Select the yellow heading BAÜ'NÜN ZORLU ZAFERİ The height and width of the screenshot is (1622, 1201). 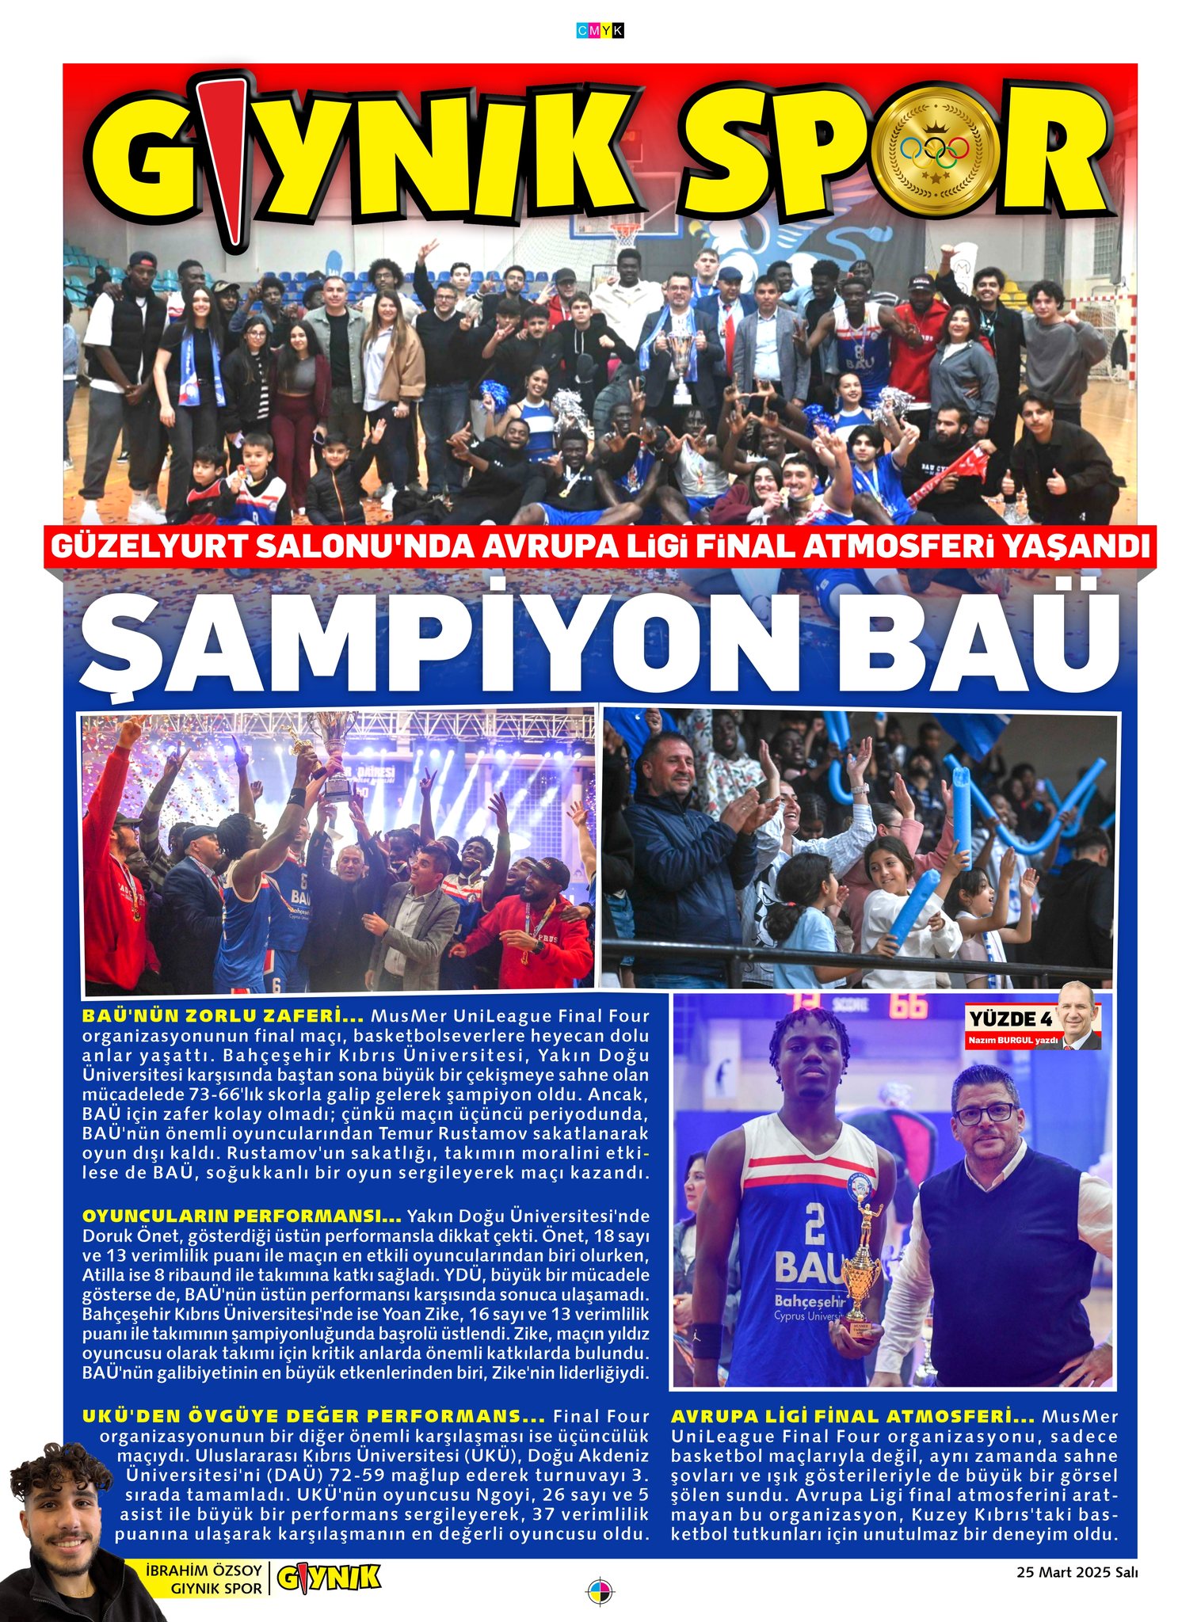point(223,1015)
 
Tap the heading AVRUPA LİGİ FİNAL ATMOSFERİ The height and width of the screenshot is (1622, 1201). point(852,1416)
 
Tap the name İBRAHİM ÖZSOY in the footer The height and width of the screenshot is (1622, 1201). point(204,1570)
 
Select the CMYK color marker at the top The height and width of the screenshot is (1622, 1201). point(600,30)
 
